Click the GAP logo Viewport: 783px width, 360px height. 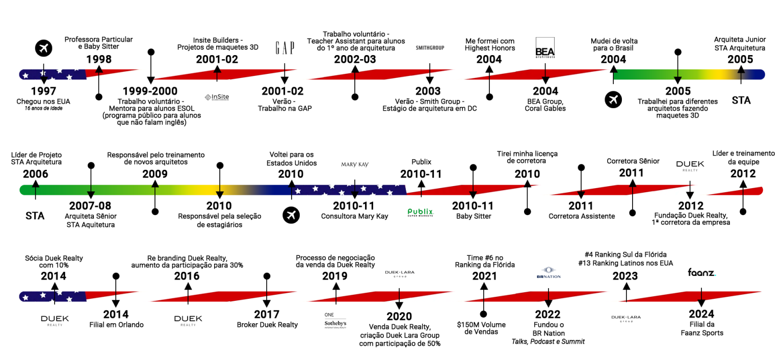tap(285, 48)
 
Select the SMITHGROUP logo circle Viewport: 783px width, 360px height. tap(430, 48)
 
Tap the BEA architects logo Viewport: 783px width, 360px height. tap(545, 48)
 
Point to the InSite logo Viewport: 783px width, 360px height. tap(217, 97)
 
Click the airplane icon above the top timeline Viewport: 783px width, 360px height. tap(44, 48)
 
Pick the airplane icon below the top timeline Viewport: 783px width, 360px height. tap(613, 100)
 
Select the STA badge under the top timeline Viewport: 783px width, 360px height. tap(741, 100)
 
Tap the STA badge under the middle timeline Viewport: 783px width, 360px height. tap(35, 215)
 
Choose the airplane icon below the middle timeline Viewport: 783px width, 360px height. tap(291, 215)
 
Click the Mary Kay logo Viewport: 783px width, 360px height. tap(355, 164)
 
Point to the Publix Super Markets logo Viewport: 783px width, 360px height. tap(421, 213)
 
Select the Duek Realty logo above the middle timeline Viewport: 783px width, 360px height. tap(690, 165)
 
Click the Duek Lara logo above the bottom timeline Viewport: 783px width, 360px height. tap(399, 272)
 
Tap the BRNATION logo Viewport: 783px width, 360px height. tap(549, 272)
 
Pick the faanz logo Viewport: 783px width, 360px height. tap(701, 272)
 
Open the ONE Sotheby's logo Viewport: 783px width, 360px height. tap(335, 320)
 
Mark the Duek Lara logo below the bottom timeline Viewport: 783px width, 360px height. tap(626, 318)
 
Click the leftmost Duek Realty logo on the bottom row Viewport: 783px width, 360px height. tap(55, 320)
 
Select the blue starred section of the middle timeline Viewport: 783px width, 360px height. tap(347, 190)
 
